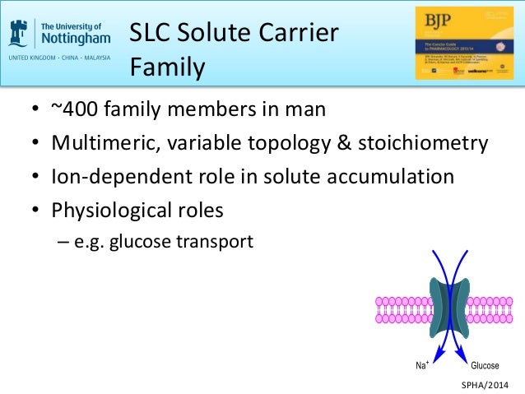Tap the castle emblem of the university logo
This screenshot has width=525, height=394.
tap(21, 32)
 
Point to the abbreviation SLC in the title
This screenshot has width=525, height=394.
tap(152, 35)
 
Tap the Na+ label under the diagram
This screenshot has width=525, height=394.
tap(419, 365)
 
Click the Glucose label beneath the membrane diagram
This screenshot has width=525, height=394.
tap(485, 365)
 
